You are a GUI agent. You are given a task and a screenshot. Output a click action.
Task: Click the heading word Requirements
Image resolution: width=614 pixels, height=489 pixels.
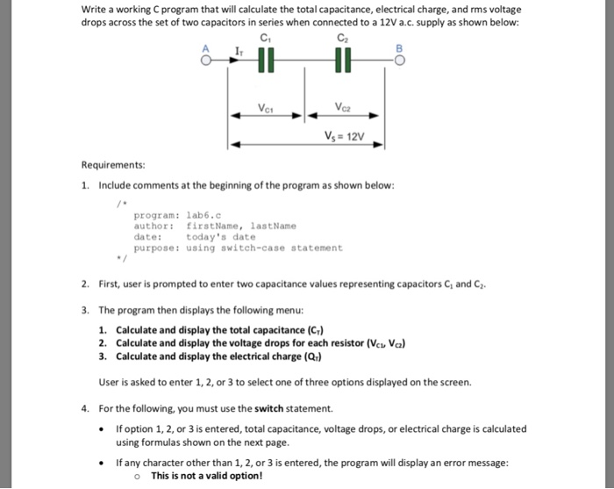pos(113,165)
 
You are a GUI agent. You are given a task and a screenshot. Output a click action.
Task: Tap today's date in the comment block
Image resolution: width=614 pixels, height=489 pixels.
pos(221,236)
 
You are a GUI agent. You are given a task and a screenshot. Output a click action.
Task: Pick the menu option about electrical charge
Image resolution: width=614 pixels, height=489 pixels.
pos(218,356)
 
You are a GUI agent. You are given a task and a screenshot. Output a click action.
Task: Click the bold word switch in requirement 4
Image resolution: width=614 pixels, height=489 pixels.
pos(268,408)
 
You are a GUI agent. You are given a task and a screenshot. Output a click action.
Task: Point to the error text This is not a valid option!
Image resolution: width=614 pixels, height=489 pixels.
pos(206,475)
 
